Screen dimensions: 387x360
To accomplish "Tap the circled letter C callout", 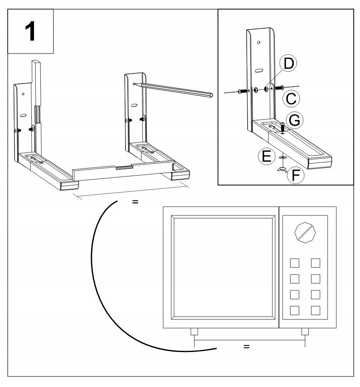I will pyautogui.click(x=291, y=98).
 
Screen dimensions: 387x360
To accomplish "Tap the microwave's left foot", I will pyautogui.click(x=194, y=332).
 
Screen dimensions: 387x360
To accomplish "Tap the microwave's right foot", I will pyautogui.click(x=305, y=332).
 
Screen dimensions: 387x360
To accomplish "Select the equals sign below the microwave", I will pyautogui.click(x=247, y=347).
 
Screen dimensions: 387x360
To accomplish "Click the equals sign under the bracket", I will pyautogui.click(x=135, y=202).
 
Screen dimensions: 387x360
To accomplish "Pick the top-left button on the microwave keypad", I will pyautogui.click(x=295, y=263).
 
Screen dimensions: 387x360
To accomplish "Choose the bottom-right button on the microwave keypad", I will pyautogui.click(x=316, y=311).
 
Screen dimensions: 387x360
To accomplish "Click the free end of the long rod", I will pyautogui.click(x=210, y=95).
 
